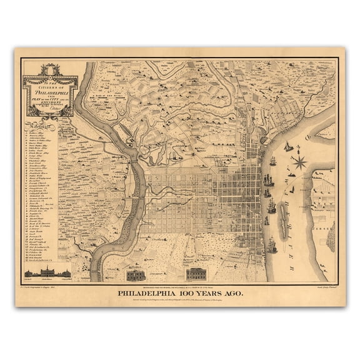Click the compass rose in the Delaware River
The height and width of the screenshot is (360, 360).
[x=299, y=162]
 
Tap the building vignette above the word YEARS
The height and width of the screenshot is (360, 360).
[x=196, y=274]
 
